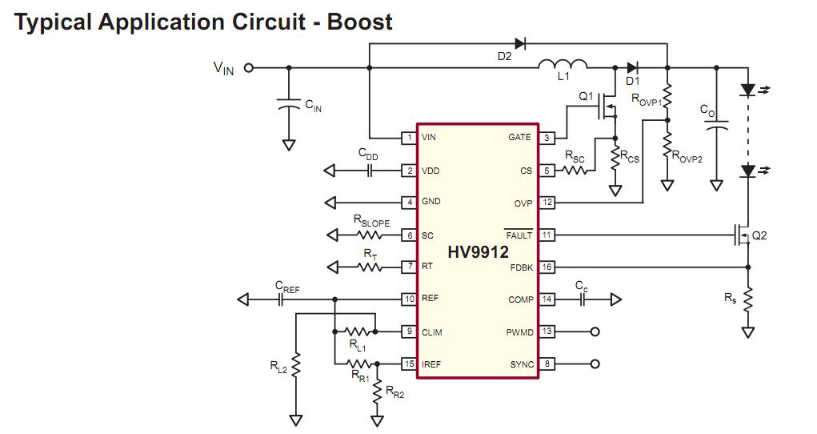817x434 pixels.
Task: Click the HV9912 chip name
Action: click(x=478, y=252)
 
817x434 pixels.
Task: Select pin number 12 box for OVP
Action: click(x=547, y=203)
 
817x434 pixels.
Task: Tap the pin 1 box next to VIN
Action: click(x=410, y=138)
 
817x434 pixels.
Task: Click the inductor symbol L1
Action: click(x=563, y=64)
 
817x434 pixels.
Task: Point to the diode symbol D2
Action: click(x=519, y=44)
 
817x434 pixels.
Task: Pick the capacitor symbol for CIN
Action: click(x=288, y=103)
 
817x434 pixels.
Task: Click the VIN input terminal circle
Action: click(x=249, y=68)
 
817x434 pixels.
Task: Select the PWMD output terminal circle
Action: click(x=595, y=332)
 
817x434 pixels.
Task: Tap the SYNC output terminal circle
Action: click(x=595, y=364)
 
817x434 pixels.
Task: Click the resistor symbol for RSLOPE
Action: click(x=370, y=235)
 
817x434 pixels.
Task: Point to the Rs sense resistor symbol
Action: click(x=747, y=300)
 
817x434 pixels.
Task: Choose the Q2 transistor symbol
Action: click(x=742, y=235)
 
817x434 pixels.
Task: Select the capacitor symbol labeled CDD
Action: click(x=370, y=171)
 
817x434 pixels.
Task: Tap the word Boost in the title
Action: click(x=359, y=22)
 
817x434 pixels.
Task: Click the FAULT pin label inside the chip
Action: click(x=519, y=235)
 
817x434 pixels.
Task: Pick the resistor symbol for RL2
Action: click(x=295, y=365)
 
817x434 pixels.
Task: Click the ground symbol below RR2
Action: click(x=377, y=420)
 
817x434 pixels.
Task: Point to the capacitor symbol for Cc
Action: click(x=582, y=299)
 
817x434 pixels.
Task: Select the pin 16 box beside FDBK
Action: click(x=547, y=267)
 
